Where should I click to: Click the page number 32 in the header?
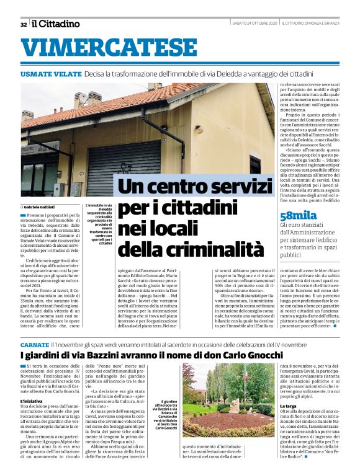23,24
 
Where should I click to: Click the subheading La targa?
289,407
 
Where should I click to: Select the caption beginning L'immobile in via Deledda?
97,224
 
